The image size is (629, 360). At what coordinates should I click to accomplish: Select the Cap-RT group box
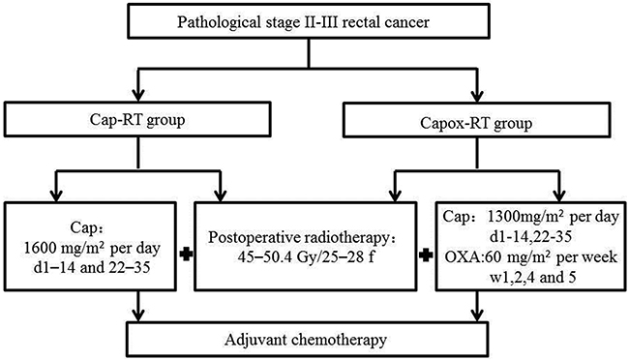(137, 119)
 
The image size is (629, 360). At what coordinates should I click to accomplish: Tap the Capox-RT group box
(476, 120)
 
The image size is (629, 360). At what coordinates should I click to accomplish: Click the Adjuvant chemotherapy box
(308, 340)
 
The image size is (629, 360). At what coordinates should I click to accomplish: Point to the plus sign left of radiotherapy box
(186, 255)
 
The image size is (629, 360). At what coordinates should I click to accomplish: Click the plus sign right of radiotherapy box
(426, 255)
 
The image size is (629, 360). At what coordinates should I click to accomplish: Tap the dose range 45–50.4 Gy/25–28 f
(306, 256)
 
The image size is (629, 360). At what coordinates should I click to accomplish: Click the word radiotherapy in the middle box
(342, 238)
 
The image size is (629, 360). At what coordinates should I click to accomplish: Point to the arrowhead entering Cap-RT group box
(138, 95)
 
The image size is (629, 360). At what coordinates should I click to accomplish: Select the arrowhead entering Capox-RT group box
(477, 96)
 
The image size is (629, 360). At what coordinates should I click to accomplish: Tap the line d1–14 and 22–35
(92, 267)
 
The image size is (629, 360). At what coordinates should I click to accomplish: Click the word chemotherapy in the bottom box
(339, 340)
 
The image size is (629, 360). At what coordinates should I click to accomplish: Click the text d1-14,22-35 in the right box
(530, 237)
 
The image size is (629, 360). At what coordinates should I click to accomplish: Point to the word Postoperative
(249, 238)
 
